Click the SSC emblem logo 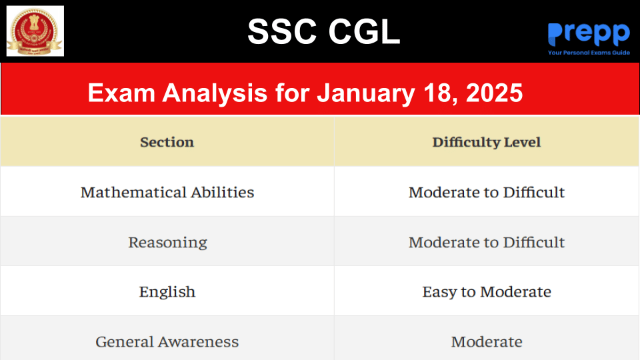point(35,31)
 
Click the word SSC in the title point(282,31)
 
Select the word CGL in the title point(364,31)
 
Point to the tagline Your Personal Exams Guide point(589,53)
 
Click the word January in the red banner point(366,93)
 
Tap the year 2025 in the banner point(494,93)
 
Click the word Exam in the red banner point(121,93)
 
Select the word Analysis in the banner point(215,93)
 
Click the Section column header point(167,142)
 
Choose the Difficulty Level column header point(487,142)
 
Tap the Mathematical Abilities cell point(167,192)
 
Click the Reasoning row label point(167,243)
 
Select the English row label point(167,292)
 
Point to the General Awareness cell point(167,341)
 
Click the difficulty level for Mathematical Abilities point(487,192)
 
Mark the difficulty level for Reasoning point(487,243)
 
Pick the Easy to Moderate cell point(487,292)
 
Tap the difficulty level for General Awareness point(487,341)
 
